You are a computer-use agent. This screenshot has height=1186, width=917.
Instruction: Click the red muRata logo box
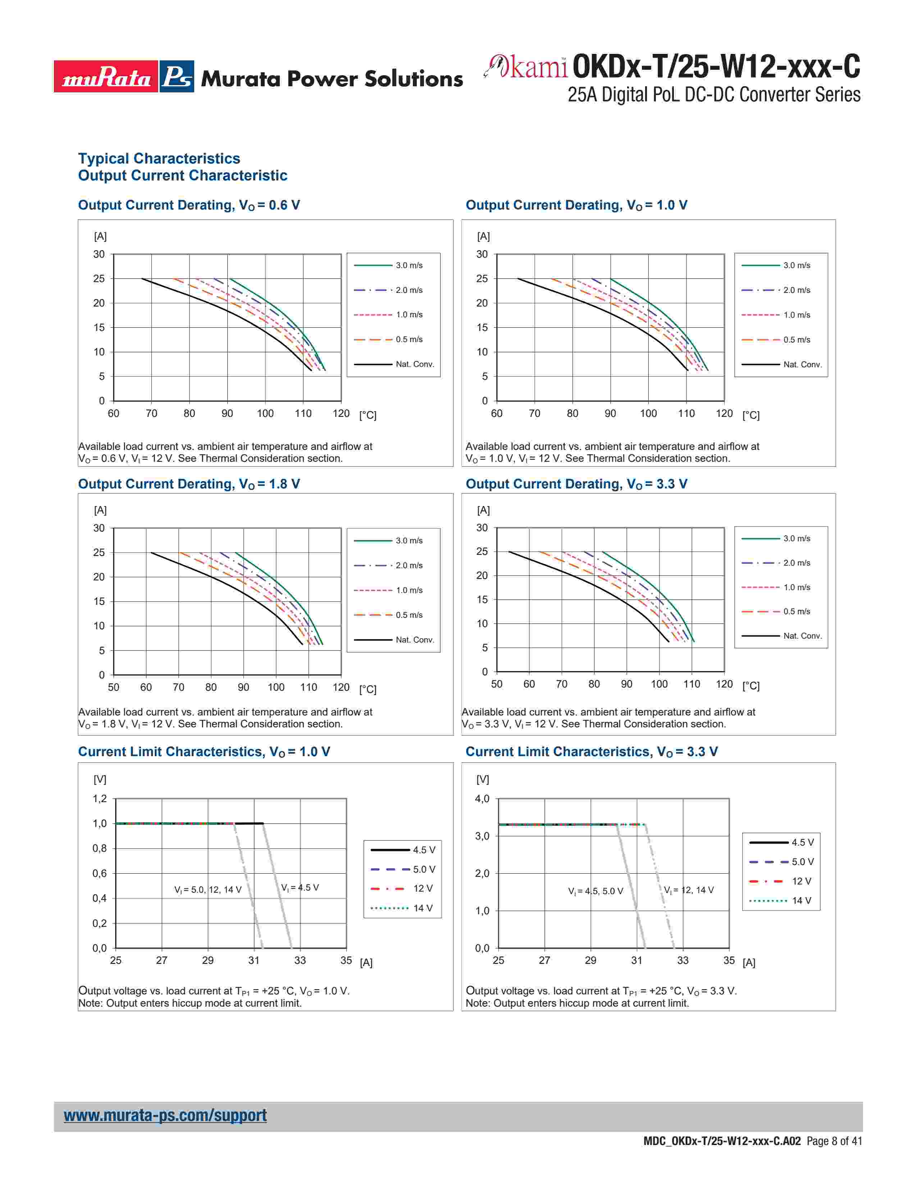tap(106, 77)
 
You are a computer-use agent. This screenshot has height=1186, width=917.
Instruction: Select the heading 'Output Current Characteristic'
tap(183, 175)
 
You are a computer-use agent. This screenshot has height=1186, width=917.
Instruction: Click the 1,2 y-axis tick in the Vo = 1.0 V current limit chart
tap(99, 799)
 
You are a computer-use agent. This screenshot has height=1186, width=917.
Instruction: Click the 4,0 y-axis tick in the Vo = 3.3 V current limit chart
tap(482, 799)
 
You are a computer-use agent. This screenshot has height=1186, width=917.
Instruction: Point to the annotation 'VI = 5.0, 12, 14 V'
tap(207, 889)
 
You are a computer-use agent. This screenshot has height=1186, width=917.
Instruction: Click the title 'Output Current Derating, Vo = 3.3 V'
tap(576, 484)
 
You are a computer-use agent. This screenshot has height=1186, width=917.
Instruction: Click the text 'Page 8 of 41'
tap(834, 1141)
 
